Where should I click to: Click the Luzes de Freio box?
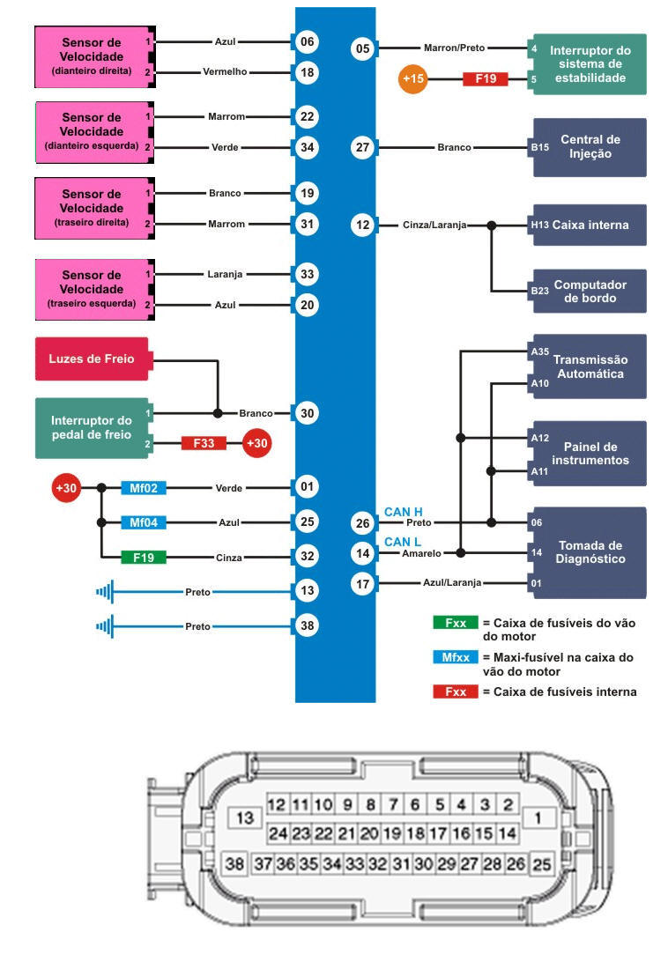pyautogui.click(x=92, y=359)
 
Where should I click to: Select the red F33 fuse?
pyautogui.click(x=204, y=443)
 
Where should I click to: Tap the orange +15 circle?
pyautogui.click(x=414, y=79)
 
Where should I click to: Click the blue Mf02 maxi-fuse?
pyautogui.click(x=143, y=488)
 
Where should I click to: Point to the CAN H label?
pyautogui.click(x=402, y=512)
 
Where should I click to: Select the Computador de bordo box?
pyautogui.click(x=588, y=291)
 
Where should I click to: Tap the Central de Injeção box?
pyautogui.click(x=588, y=147)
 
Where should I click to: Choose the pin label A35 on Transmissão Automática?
pyautogui.click(x=540, y=351)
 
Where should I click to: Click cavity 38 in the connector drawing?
pyautogui.click(x=234, y=864)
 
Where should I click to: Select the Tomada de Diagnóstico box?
pyautogui.click(x=588, y=552)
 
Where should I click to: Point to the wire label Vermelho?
pyautogui.click(x=224, y=72)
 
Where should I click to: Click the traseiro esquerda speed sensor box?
pyautogui.click(x=92, y=289)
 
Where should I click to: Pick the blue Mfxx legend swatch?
pyautogui.click(x=455, y=657)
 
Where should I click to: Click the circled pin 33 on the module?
pyautogui.click(x=307, y=274)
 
